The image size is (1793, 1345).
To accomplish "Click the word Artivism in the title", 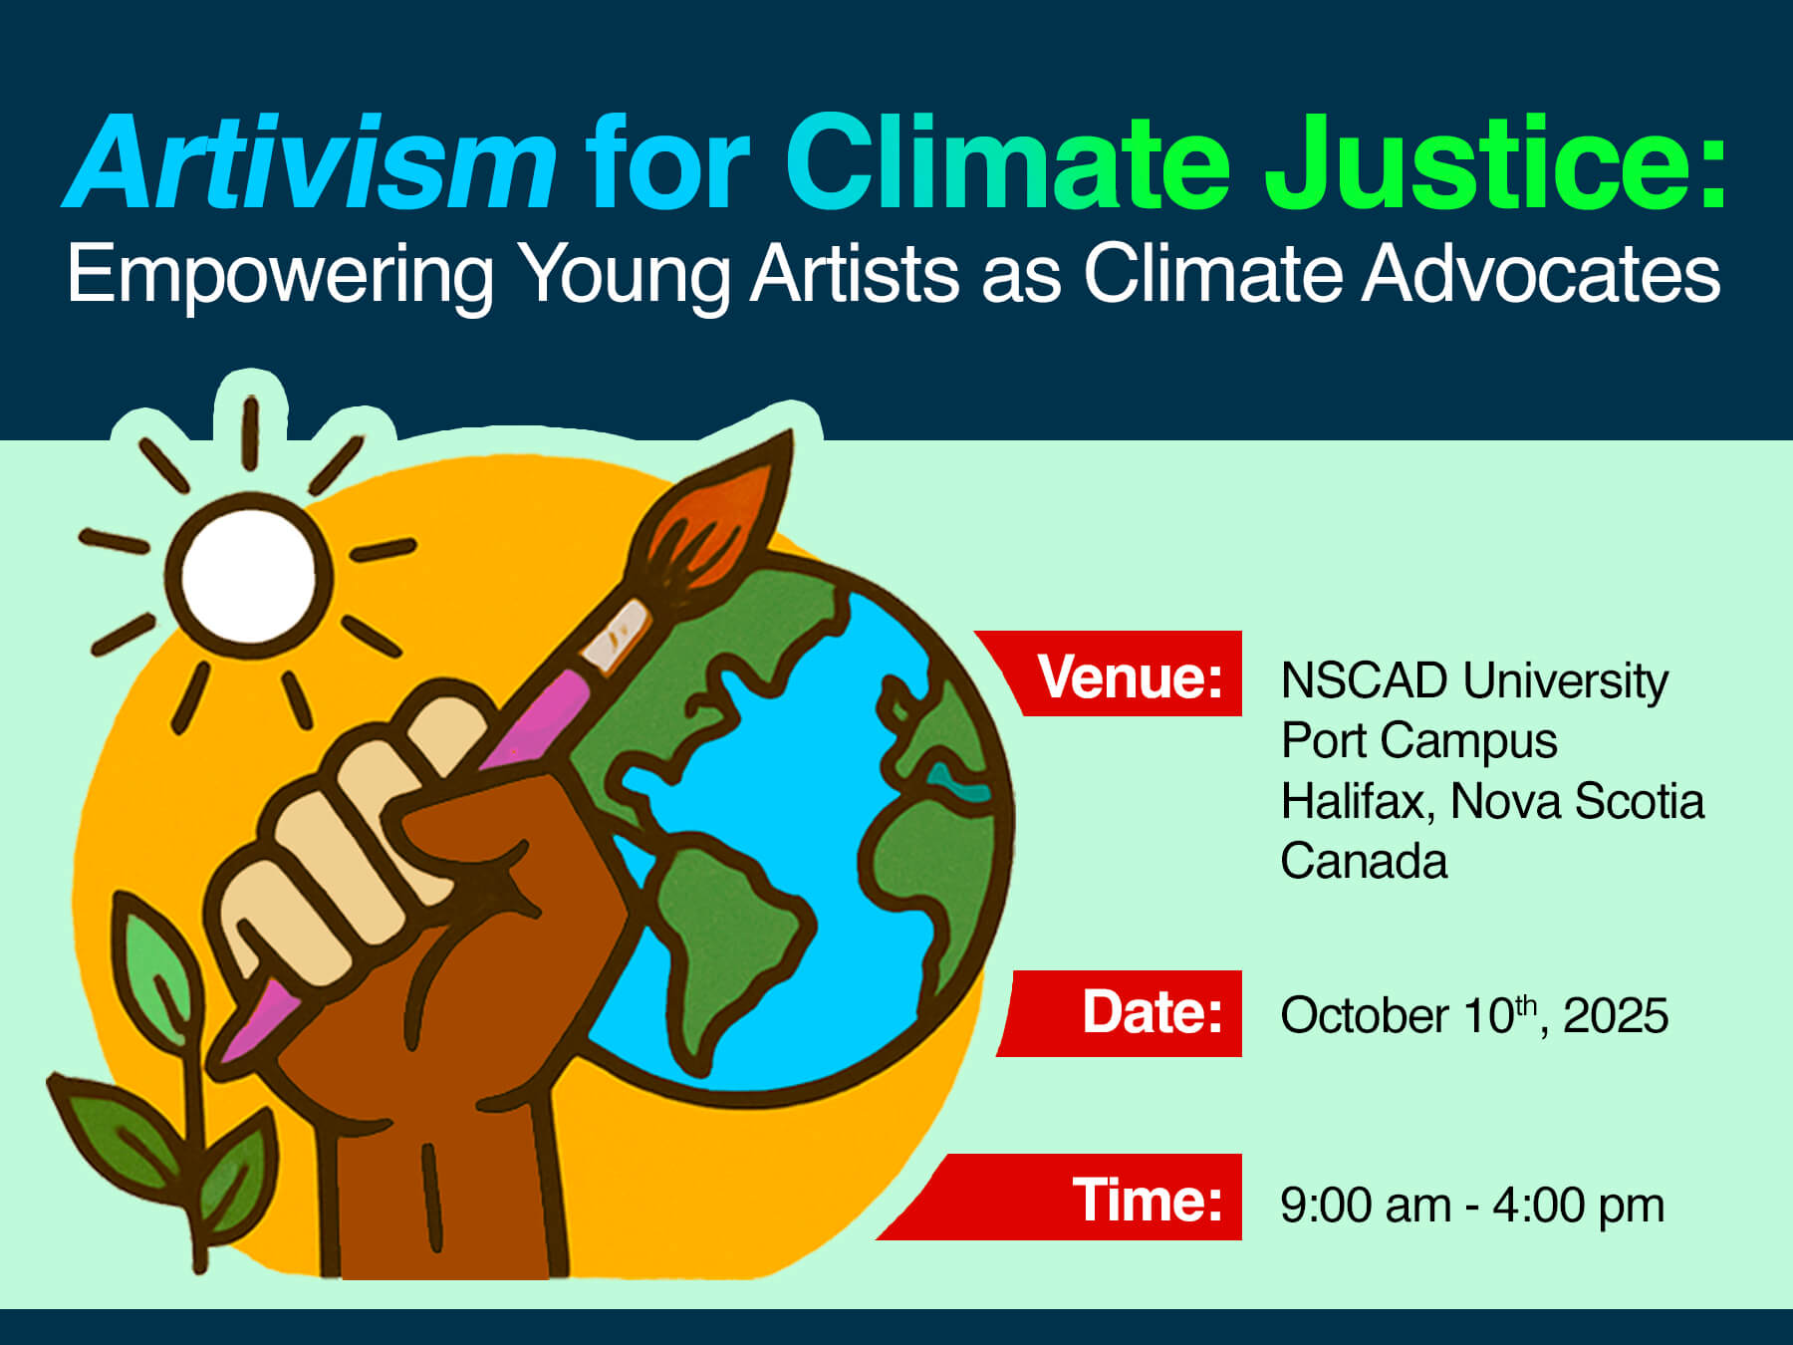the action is (x=310, y=163).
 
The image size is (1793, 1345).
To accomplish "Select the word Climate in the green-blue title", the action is (x=1009, y=163).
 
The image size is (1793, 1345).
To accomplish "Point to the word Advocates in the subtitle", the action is (x=1541, y=273).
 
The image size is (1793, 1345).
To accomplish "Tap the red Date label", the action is (x=1121, y=1013).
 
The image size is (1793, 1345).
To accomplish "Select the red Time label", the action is (x=1060, y=1197).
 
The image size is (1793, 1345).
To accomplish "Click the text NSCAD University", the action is (x=1474, y=682).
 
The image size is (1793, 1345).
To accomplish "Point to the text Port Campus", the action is (x=1419, y=742).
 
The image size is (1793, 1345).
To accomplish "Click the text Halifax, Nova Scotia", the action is (x=1492, y=801).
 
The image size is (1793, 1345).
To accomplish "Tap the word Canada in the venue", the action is (x=1364, y=861).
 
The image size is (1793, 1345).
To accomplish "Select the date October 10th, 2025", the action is (x=1474, y=1016).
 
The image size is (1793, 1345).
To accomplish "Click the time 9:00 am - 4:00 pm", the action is (x=1472, y=1206).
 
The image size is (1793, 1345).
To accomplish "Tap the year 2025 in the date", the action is (x=1615, y=1016).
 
